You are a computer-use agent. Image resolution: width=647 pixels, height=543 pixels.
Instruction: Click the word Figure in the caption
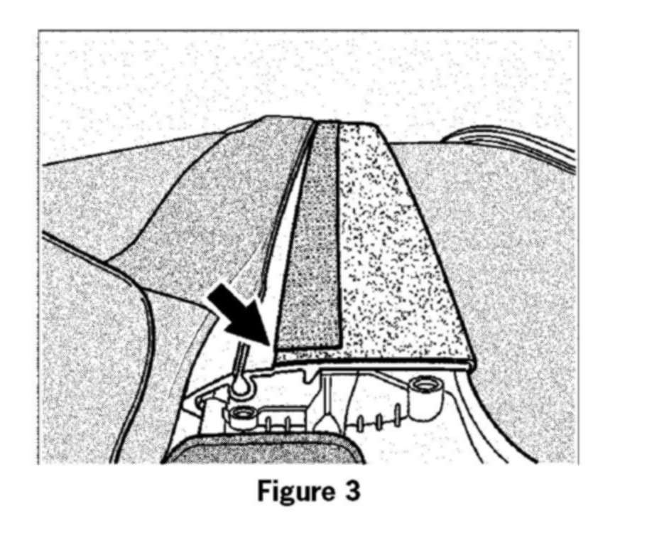(288, 492)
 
